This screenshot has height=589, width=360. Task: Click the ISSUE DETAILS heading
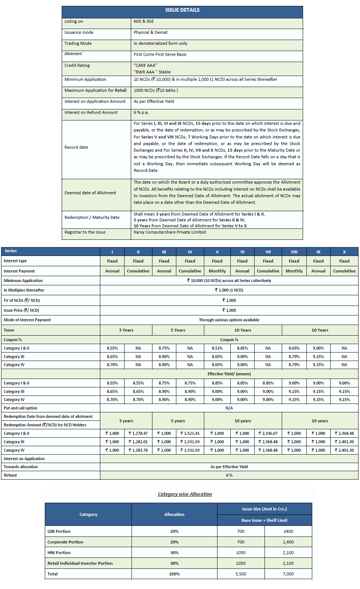[x=182, y=10]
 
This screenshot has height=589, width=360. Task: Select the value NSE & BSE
[x=144, y=21]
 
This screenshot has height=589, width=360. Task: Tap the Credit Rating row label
[x=77, y=65]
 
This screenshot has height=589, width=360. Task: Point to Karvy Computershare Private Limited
[x=170, y=232]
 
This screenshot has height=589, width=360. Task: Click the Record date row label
[x=76, y=147]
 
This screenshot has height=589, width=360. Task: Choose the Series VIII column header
[x=294, y=252]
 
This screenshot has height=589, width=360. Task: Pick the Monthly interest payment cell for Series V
[x=217, y=271]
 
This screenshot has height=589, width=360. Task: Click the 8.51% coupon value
[x=217, y=348]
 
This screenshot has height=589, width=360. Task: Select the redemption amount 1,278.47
[x=138, y=433]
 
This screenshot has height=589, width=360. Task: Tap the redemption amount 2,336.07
[x=268, y=433]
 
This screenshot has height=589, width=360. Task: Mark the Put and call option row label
[x=21, y=408]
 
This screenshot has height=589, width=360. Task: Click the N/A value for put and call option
[x=229, y=408]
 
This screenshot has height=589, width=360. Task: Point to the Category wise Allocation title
[x=185, y=494]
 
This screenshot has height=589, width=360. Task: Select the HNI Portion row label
[x=59, y=553]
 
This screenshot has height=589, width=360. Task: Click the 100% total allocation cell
[x=174, y=574]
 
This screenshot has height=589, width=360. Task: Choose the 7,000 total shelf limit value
[x=288, y=574]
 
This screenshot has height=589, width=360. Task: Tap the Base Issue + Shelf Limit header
[x=264, y=520]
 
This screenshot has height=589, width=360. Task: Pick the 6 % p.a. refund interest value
[x=141, y=112]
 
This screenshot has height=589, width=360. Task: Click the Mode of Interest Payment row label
[x=28, y=320]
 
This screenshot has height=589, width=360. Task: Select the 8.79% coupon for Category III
[x=294, y=357]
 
